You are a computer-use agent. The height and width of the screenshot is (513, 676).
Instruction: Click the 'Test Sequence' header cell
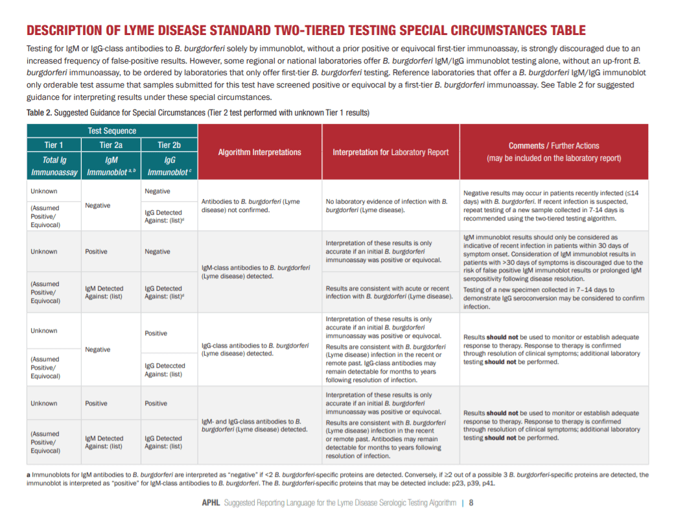coord(111,130)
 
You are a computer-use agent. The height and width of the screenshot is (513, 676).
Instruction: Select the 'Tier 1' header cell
coord(53,145)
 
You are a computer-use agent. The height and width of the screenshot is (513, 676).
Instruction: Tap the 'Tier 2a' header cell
coord(110,145)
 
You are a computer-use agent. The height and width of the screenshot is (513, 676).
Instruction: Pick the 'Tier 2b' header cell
coord(169,145)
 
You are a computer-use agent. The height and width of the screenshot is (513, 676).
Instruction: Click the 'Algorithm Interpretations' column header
coord(259,152)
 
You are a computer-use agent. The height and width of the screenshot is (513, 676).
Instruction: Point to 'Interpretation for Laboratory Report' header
coord(390,152)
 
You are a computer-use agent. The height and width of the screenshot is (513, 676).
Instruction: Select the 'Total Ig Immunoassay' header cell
coord(53,166)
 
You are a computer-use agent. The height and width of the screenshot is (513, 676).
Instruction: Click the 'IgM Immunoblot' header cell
coord(110,166)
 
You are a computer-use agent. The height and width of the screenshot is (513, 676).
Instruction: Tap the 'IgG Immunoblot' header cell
coord(169,166)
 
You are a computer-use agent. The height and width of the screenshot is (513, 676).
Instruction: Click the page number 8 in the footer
coord(471,502)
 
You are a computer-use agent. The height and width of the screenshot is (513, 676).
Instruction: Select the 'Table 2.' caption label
coord(40,113)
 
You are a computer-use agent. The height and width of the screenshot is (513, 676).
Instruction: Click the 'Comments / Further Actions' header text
coord(554,146)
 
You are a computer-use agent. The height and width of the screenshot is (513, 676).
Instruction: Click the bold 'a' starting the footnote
coord(28,475)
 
